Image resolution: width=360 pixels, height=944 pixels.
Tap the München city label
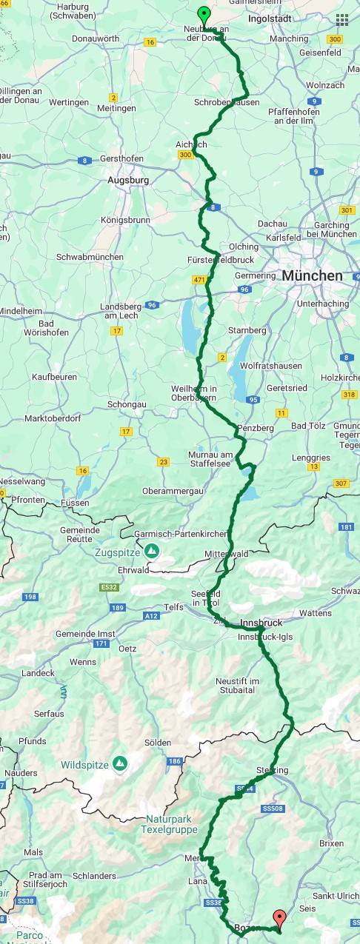click(x=312, y=275)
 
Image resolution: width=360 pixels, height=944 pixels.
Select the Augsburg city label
click(x=128, y=180)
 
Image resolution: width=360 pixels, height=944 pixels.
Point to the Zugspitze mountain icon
click(x=151, y=550)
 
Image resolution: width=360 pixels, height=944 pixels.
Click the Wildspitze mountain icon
click(x=119, y=763)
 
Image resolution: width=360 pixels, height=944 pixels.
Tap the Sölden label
click(x=158, y=743)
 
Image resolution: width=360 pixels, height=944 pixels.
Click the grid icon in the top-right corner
click(x=341, y=20)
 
